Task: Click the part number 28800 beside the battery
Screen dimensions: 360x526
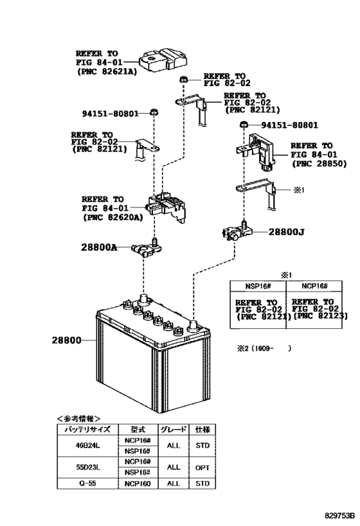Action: tap(66, 340)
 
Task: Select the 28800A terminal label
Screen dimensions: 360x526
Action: tap(99, 247)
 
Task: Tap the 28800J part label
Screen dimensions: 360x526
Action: tap(286, 232)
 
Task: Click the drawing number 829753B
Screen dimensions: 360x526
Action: tap(339, 515)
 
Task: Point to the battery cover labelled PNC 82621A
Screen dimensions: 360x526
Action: tap(163, 60)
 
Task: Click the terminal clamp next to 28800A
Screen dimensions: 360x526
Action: tap(147, 248)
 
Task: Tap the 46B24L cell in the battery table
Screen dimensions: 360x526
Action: tap(87, 446)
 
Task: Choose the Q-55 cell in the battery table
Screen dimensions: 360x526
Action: tap(87, 484)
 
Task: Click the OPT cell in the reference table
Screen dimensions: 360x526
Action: tap(202, 468)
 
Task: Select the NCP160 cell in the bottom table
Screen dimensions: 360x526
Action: tap(138, 484)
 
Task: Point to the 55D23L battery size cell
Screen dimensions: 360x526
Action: tap(87, 467)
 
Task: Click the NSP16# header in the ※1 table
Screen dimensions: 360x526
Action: tap(258, 286)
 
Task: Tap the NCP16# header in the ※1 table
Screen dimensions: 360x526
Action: tap(314, 286)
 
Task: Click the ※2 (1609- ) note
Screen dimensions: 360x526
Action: tap(264, 349)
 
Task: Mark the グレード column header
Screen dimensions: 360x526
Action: tap(174, 430)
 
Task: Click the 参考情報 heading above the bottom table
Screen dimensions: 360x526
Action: tap(78, 418)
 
